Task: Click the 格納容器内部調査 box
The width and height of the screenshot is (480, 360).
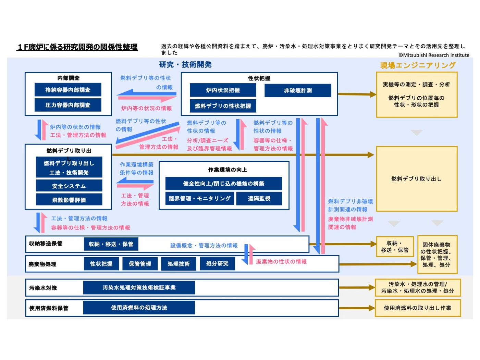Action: [x=68, y=90]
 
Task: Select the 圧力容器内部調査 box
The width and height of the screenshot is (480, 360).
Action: [x=68, y=105]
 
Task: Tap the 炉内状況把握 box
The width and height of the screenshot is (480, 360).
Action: [x=223, y=90]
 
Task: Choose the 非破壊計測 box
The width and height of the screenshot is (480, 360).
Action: [x=298, y=90]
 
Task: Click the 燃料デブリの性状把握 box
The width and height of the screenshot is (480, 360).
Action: [x=223, y=106]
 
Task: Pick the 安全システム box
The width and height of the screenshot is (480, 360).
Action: [x=69, y=186]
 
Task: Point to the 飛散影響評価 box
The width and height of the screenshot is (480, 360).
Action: [x=69, y=200]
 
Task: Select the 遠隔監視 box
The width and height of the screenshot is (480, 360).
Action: [x=259, y=198]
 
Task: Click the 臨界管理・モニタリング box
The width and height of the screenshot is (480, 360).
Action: [x=200, y=198]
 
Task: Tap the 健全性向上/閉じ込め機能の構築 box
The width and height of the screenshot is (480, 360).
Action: [x=223, y=184]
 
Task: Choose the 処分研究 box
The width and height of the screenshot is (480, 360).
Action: [x=217, y=263]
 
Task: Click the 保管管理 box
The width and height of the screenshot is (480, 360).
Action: [x=140, y=264]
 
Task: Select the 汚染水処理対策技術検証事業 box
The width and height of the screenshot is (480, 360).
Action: [x=139, y=288]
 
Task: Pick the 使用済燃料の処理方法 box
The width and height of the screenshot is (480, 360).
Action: [x=139, y=308]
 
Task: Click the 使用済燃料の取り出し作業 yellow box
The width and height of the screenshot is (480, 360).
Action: [x=418, y=308]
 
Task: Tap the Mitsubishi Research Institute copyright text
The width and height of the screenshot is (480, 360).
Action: [x=434, y=55]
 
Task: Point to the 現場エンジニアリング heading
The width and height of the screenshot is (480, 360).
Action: [x=418, y=65]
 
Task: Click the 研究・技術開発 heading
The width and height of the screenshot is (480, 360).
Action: [x=185, y=64]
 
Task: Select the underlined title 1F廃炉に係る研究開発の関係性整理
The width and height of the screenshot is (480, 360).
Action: [x=77, y=47]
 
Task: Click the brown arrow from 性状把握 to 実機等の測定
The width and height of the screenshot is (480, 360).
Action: [x=357, y=94]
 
